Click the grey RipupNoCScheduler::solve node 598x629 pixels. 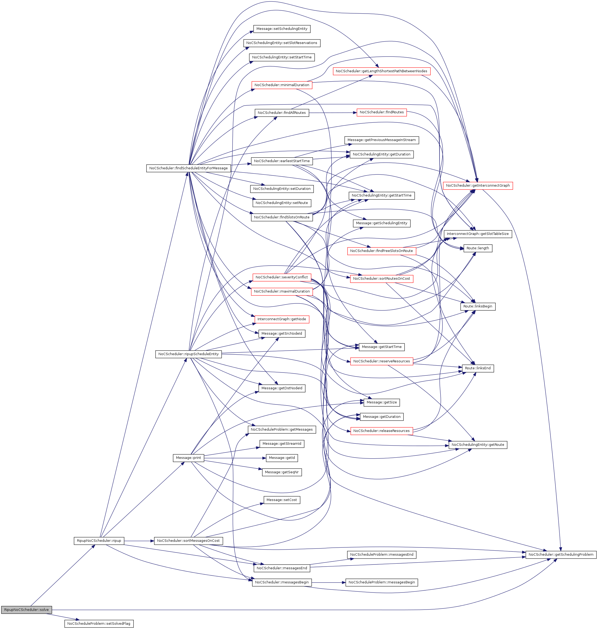pyautogui.click(x=26, y=610)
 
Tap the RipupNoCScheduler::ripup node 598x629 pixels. pyautogui.click(x=99, y=540)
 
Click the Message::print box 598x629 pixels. pyautogui.click(x=188, y=458)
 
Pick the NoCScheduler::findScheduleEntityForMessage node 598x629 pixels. pyautogui.click(x=188, y=168)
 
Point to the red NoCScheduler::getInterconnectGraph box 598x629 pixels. pyautogui.click(x=478, y=185)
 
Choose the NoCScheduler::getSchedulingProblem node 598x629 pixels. pyautogui.click(x=561, y=554)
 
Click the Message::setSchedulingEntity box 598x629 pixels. pyautogui.click(x=282, y=29)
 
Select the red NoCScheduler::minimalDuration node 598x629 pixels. pyautogui.click(x=282, y=85)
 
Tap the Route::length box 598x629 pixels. pyautogui.click(x=478, y=248)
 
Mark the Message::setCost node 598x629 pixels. pyautogui.click(x=282, y=500)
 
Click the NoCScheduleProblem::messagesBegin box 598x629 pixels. pyautogui.click(x=381, y=582)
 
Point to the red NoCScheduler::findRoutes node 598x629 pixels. pyautogui.click(x=381, y=112)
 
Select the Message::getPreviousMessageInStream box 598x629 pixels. pyautogui.click(x=381, y=140)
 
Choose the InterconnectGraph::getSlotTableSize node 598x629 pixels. pyautogui.click(x=478, y=234)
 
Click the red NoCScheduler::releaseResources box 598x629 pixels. pyautogui.click(x=381, y=431)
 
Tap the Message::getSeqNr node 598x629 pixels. pyautogui.click(x=282, y=472)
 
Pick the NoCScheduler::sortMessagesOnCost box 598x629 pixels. pyautogui.click(x=188, y=540)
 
